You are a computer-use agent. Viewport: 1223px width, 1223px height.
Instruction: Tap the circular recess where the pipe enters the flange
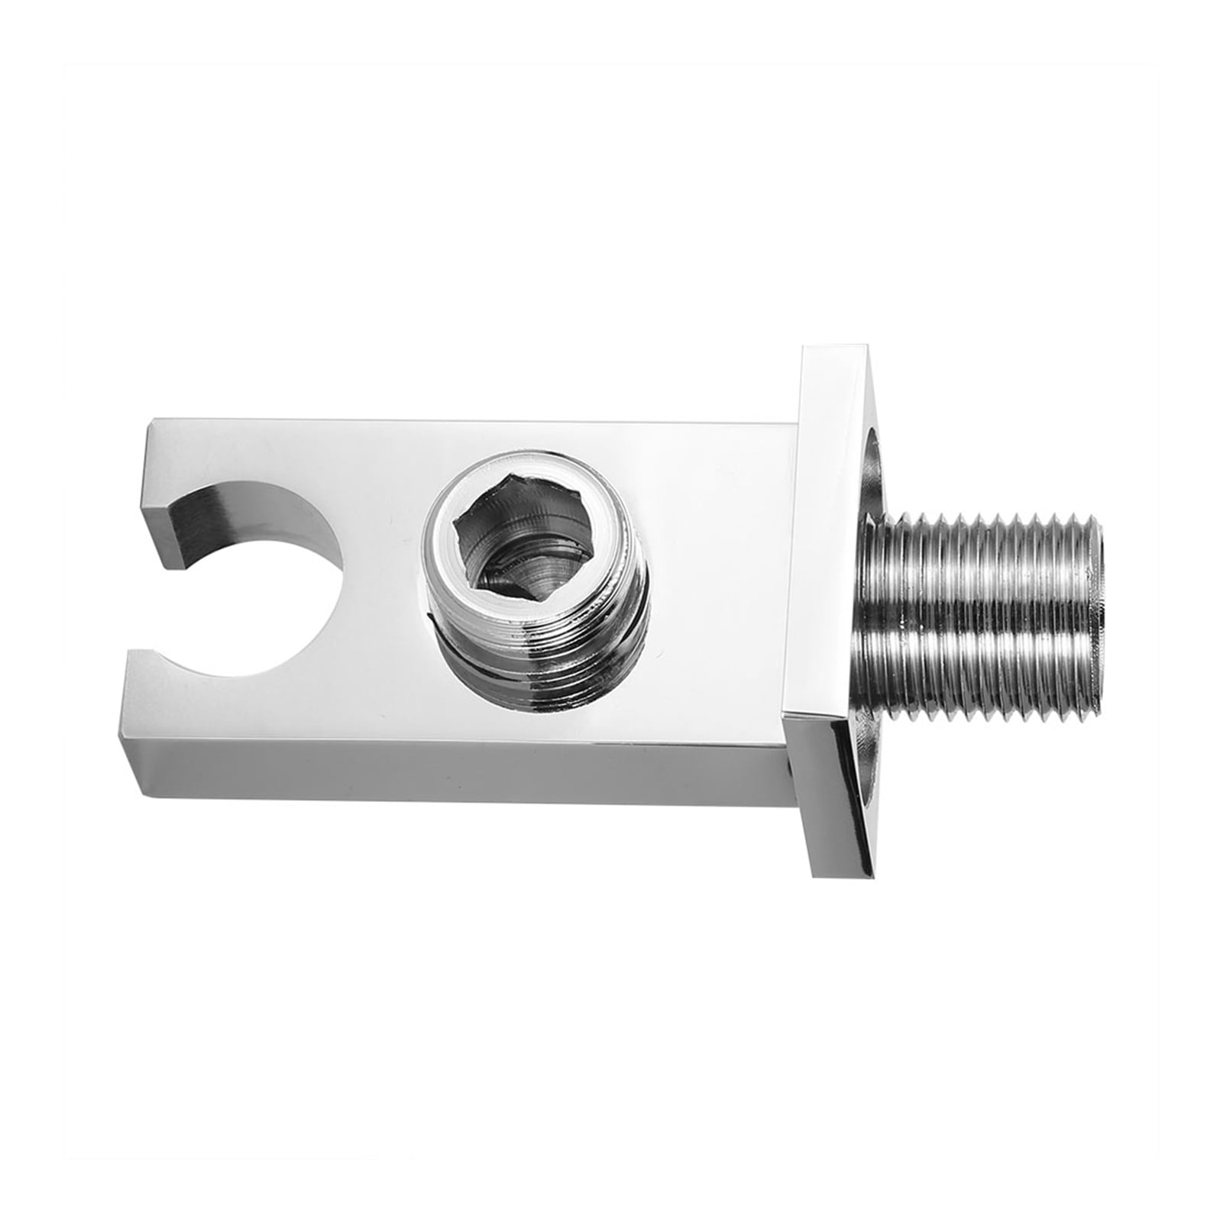[871, 489]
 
